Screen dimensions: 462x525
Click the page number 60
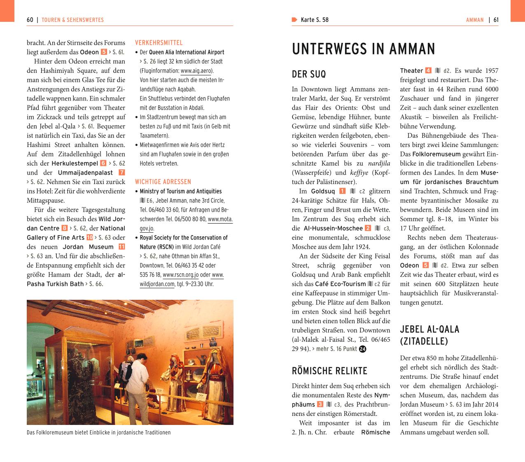click(30, 20)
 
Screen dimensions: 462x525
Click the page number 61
click(496, 20)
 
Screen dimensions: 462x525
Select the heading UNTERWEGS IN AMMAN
click(363, 49)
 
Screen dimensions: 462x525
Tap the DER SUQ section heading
click(309, 74)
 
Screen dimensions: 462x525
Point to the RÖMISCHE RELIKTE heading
click(329, 371)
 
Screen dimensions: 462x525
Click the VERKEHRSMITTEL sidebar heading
click(159, 42)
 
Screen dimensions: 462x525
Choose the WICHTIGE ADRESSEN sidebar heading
click(163, 182)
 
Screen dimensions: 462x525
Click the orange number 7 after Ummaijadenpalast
click(121, 173)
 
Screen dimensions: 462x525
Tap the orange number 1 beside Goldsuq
click(343, 191)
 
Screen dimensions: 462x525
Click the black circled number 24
click(362, 349)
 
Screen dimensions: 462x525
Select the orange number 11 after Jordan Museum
click(121, 247)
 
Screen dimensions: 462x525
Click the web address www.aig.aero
click(196, 71)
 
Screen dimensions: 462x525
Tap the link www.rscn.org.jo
click(180, 275)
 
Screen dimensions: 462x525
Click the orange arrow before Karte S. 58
click(294, 20)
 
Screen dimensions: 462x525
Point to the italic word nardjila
click(379, 163)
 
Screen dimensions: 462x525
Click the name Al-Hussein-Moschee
click(333, 228)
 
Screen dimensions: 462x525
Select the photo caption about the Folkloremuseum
click(99, 432)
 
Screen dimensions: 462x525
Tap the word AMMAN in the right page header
click(475, 20)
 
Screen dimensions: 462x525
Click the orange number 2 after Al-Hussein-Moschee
click(368, 228)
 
